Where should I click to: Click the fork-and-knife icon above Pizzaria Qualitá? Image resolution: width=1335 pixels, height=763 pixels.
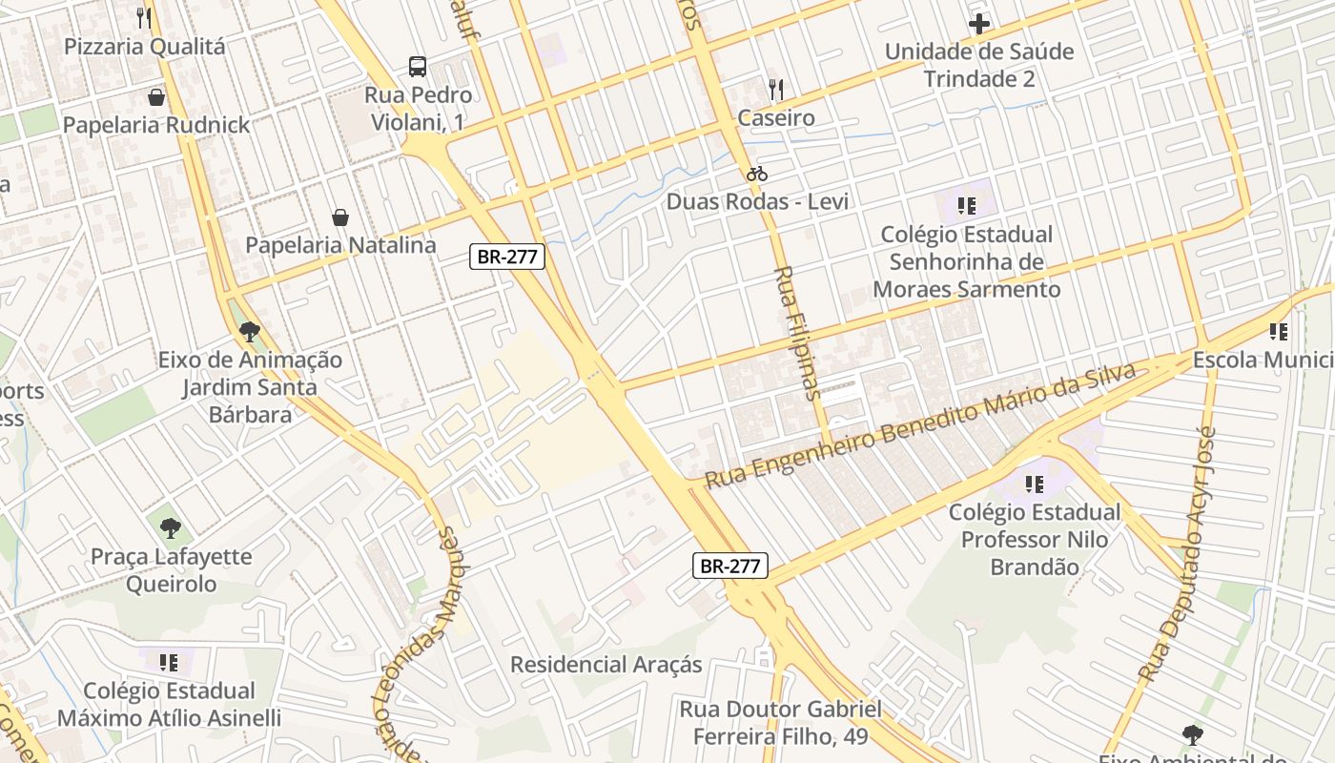(144, 17)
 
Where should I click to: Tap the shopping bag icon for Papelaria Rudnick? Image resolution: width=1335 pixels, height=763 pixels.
(156, 97)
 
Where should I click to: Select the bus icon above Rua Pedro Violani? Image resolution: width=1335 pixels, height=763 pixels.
(418, 67)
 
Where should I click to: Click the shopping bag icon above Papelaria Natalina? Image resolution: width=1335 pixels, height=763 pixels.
(340, 217)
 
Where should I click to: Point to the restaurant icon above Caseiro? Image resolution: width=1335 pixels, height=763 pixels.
(776, 91)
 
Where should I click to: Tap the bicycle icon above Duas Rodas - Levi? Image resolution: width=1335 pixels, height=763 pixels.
(757, 174)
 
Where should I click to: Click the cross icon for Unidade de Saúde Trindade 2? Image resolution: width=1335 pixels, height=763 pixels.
(979, 24)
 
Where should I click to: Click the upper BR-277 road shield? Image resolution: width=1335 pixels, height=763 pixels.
(507, 257)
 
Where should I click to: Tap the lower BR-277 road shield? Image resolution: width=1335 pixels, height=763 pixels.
(729, 566)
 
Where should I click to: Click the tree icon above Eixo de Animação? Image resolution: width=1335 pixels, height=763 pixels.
(250, 332)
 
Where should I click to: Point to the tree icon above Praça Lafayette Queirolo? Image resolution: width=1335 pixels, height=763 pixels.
(171, 527)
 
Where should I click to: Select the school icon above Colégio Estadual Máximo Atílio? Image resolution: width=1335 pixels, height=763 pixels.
(169, 662)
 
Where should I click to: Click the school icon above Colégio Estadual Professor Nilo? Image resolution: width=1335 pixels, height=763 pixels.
(1034, 485)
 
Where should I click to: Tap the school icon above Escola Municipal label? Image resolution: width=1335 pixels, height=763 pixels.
(1279, 332)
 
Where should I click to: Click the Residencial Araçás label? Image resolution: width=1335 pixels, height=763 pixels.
(606, 665)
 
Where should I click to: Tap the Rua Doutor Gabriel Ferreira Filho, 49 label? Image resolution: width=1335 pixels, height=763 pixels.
(780, 723)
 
